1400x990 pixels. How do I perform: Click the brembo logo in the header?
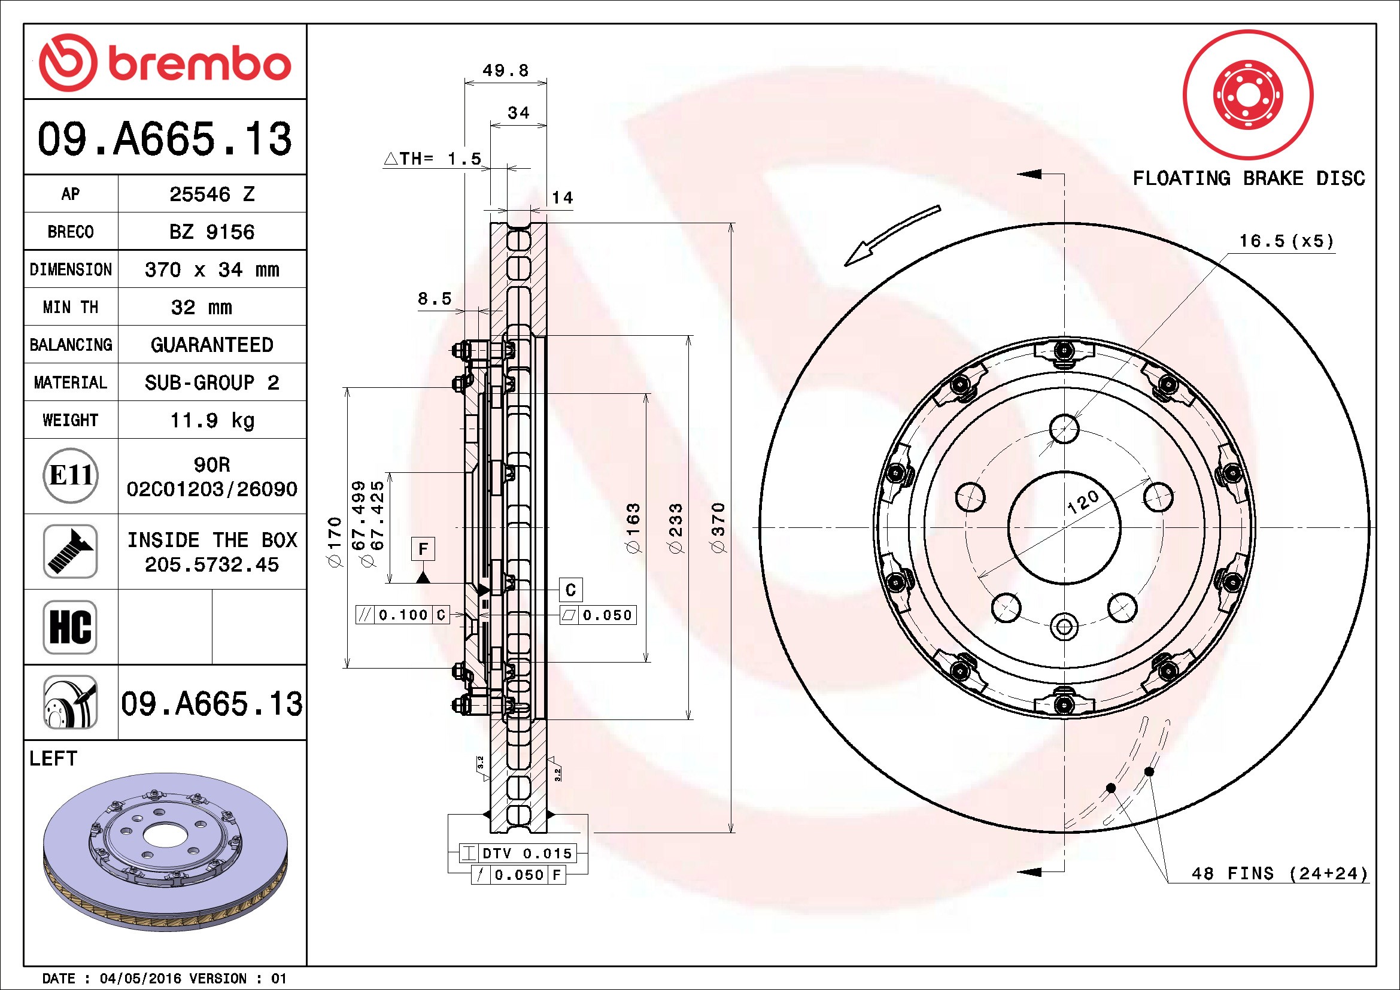point(165,63)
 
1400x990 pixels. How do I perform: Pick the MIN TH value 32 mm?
point(201,307)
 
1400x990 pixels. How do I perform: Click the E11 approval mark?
point(71,475)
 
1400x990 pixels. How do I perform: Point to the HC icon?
point(71,627)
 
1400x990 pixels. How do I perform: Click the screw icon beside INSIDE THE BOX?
point(71,551)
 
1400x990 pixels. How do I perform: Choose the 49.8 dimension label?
point(506,71)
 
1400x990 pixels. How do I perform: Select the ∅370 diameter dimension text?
point(719,527)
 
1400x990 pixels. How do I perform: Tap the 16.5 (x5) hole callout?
point(1286,241)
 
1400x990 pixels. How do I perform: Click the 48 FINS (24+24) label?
point(1280,873)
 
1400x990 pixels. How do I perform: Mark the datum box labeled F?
point(423,549)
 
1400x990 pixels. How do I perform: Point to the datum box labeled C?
point(571,590)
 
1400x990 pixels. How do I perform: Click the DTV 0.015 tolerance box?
point(517,853)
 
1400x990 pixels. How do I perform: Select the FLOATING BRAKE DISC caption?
point(1248,178)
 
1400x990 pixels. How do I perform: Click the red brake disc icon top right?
point(1248,95)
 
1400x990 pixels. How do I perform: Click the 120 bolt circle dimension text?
point(1083,502)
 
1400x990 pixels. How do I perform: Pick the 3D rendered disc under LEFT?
point(165,852)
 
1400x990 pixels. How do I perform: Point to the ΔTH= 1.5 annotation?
point(433,159)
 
